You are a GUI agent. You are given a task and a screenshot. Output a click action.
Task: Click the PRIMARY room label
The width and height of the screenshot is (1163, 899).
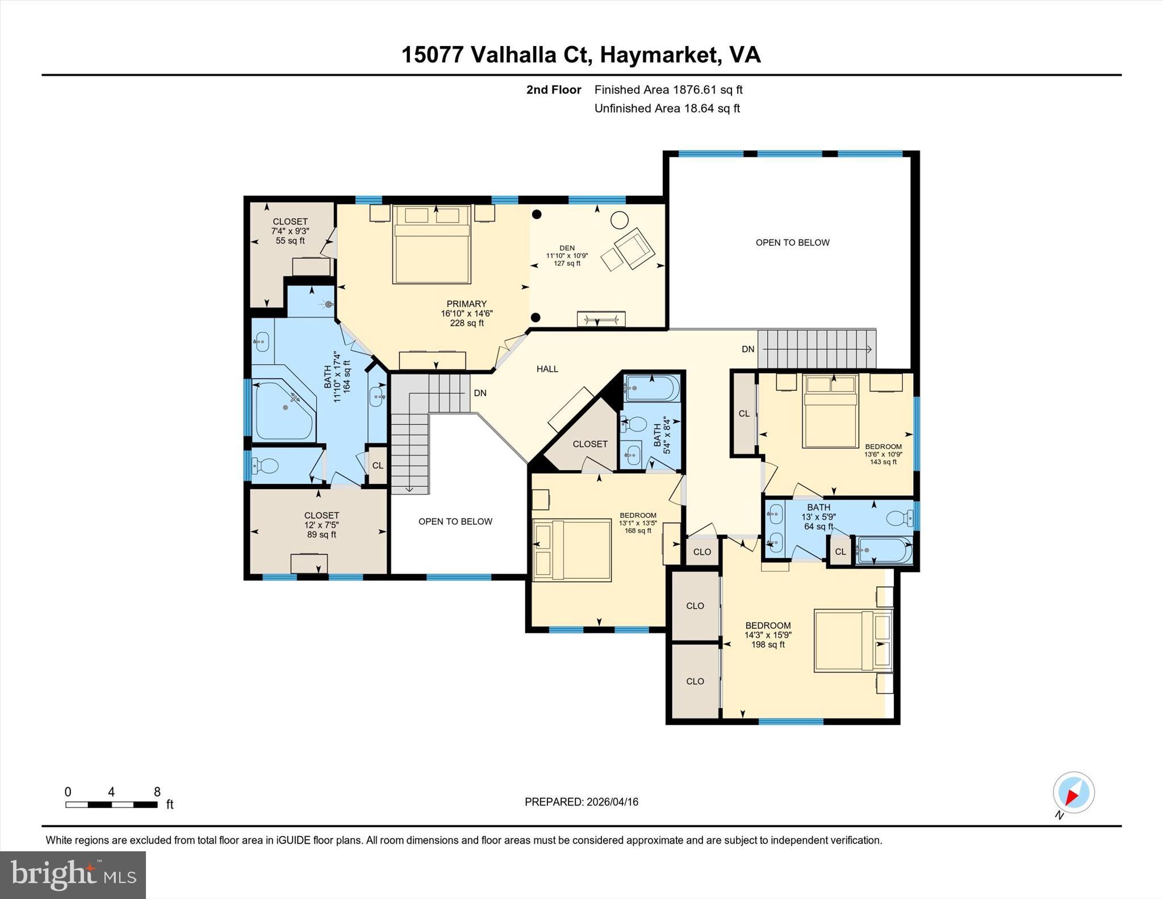(x=466, y=304)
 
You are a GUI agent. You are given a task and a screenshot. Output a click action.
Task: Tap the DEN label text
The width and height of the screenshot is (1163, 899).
(x=567, y=248)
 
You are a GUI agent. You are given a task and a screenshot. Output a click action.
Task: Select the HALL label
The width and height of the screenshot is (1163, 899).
(x=547, y=369)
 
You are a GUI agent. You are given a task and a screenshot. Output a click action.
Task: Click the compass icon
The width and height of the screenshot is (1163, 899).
(x=1073, y=792)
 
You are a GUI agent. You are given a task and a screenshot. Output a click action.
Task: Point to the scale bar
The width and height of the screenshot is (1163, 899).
(x=111, y=804)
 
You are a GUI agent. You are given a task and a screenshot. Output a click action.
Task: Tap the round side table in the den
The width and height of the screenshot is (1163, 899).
(x=619, y=219)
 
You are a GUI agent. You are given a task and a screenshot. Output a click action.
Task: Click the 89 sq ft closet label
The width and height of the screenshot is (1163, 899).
(x=321, y=525)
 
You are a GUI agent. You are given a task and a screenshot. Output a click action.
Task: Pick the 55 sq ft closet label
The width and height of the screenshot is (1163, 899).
(x=290, y=231)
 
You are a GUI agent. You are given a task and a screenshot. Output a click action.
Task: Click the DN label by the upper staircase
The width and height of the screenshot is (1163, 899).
(x=748, y=349)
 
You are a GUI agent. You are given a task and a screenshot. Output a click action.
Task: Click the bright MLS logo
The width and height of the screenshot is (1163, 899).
(x=73, y=874)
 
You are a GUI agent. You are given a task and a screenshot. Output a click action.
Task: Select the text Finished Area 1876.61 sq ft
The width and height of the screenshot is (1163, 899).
(x=668, y=90)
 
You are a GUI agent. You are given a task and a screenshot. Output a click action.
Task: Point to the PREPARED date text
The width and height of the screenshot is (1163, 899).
(x=581, y=802)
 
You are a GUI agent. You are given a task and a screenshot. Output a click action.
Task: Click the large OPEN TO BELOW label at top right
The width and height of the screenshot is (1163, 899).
(x=792, y=242)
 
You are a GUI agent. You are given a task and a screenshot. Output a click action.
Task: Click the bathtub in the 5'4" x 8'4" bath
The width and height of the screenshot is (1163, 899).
(x=652, y=388)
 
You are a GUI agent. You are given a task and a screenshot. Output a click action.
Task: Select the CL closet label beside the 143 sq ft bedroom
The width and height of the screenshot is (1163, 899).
(x=744, y=413)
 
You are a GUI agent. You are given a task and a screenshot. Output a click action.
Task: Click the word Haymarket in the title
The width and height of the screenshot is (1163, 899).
(x=658, y=55)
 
